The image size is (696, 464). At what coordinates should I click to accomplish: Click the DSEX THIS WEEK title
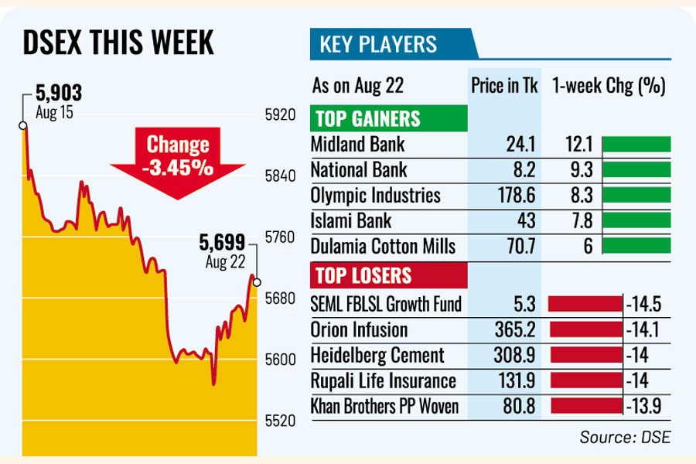(x=118, y=43)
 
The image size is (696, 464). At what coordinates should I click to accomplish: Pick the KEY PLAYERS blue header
(x=378, y=43)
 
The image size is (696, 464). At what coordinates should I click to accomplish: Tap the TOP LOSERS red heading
(x=361, y=276)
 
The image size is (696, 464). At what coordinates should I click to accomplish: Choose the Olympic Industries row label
(x=375, y=195)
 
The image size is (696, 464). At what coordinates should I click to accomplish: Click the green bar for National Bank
(x=636, y=169)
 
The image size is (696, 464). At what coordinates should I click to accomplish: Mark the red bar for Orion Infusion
(x=586, y=330)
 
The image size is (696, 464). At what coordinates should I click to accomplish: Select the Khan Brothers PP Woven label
(x=384, y=407)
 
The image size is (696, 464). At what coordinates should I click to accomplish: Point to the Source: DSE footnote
(x=625, y=437)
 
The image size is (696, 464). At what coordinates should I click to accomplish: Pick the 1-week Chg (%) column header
(x=609, y=85)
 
